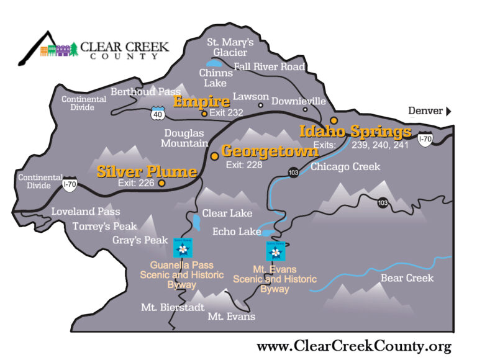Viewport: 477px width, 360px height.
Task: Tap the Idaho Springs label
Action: pyautogui.click(x=355, y=132)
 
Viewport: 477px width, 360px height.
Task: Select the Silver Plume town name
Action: pyautogui.click(x=147, y=171)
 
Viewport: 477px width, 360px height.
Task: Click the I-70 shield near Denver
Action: pyautogui.click(x=425, y=139)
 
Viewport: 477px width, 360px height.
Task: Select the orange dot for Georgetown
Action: pyautogui.click(x=214, y=156)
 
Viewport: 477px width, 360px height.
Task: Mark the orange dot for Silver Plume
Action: pyautogui.click(x=161, y=183)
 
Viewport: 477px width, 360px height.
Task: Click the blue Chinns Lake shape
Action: pyautogui.click(x=213, y=63)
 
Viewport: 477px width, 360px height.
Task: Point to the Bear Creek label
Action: pyautogui.click(x=407, y=277)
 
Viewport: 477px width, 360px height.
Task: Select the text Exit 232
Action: pyautogui.click(x=226, y=113)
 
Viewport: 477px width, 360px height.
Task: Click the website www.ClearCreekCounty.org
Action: pyautogui.click(x=353, y=346)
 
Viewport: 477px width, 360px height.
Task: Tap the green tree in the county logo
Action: pyautogui.click(x=74, y=50)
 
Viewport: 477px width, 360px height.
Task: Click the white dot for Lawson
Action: pyautogui.click(x=261, y=105)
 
